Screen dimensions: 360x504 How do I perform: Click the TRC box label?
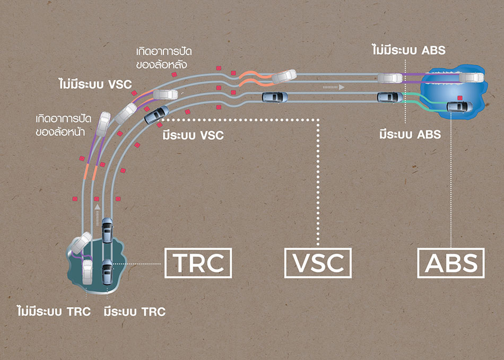tap(198, 262)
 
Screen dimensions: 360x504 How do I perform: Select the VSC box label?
tap(318, 262)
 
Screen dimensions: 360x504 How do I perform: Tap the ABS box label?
tap(450, 262)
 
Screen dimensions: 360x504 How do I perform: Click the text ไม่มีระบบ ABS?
tap(408, 51)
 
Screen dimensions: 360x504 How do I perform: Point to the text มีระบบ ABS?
tap(410, 134)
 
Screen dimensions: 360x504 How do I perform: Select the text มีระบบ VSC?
tap(192, 136)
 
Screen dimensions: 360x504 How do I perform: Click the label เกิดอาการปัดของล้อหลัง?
tap(164, 58)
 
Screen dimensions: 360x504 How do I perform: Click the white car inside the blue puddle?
tap(471, 78)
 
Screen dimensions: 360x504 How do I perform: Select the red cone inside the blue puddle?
tap(460, 98)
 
